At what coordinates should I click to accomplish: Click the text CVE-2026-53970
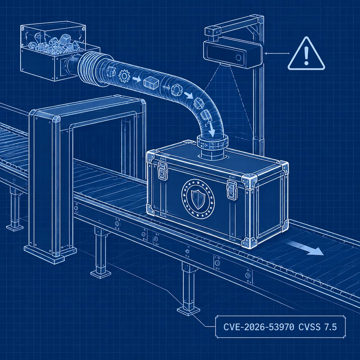click(x=258, y=327)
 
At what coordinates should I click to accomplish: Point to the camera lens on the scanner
click(x=239, y=57)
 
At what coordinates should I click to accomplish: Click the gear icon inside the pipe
click(x=124, y=76)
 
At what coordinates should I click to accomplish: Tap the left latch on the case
click(x=162, y=171)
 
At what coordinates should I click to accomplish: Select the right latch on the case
click(x=232, y=189)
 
